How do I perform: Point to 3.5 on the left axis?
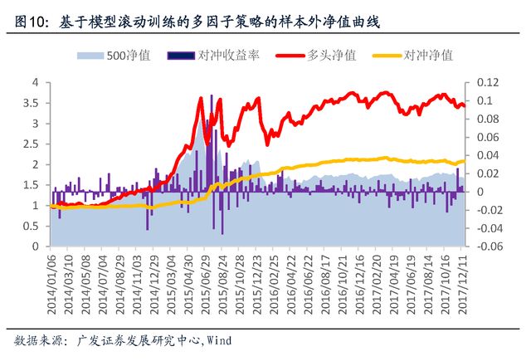coord(33,103)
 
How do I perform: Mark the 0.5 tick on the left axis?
coord(33,226)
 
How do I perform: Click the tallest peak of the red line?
coord(200,98)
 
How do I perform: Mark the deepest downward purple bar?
coord(221,233)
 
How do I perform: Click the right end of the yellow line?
coord(465,161)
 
